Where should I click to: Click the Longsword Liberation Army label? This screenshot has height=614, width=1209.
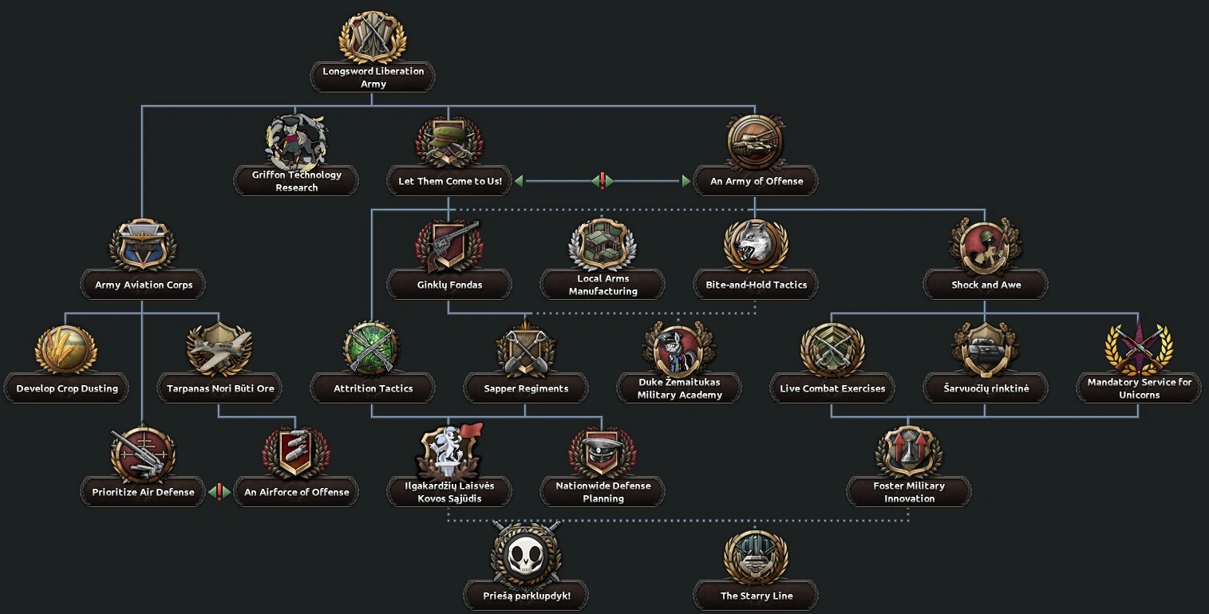point(373,77)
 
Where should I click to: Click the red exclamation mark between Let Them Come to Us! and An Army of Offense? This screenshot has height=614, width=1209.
point(603,181)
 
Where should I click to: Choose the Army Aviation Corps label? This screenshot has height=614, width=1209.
point(144,285)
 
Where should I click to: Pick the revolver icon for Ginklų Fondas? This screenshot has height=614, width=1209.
point(448,246)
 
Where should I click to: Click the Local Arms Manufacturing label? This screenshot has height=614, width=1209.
point(603,285)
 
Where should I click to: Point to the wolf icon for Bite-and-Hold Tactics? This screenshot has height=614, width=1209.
point(756,246)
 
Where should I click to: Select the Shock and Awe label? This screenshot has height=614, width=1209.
point(986,285)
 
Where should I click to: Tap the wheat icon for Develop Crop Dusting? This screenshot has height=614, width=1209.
point(66,349)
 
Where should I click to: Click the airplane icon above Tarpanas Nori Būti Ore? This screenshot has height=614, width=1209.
point(219,349)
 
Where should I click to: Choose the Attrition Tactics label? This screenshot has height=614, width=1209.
point(373,388)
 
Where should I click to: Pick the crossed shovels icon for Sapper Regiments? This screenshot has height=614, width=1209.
point(526,349)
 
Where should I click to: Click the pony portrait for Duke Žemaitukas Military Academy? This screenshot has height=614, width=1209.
point(679,349)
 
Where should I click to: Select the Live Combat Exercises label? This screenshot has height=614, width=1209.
point(832,388)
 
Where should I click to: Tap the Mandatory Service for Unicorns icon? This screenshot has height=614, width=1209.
point(1139,349)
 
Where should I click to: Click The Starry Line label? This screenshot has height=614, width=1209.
point(756,596)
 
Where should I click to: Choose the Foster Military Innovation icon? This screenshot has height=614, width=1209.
point(909,453)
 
